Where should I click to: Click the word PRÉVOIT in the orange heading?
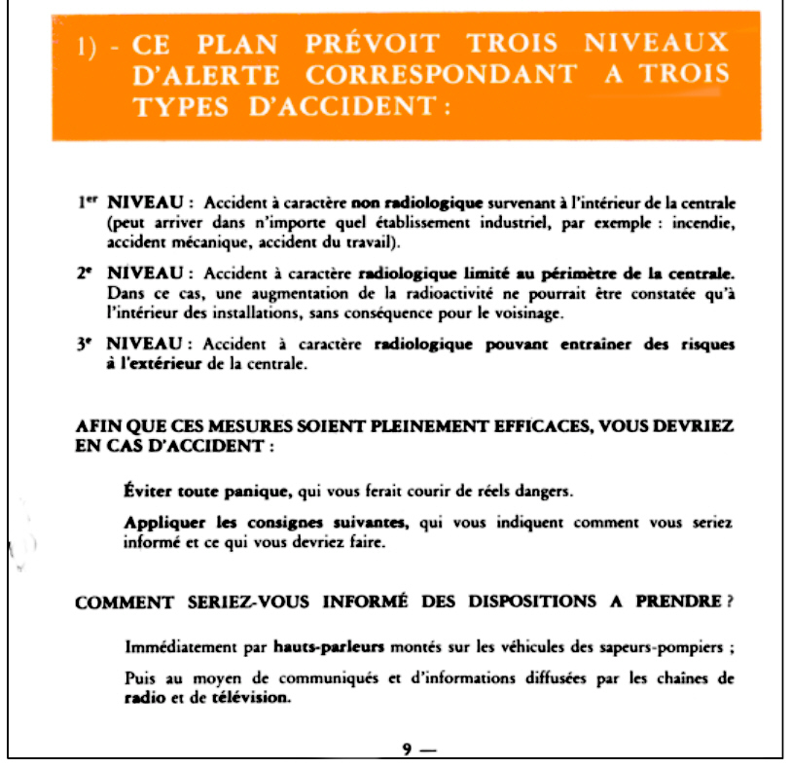(x=371, y=44)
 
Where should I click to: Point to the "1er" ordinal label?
(x=90, y=201)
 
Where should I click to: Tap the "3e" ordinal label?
(x=86, y=346)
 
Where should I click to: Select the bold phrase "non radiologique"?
(x=418, y=202)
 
